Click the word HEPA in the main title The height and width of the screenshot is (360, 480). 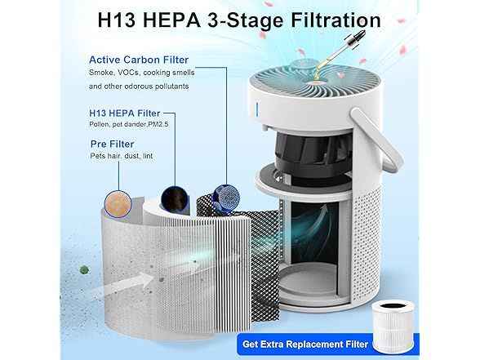point(171,20)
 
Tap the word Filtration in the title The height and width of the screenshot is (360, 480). point(336,20)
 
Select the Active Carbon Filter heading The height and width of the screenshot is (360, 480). point(139,60)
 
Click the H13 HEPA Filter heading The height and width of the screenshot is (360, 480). point(125,113)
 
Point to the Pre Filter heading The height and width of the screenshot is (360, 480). point(113,144)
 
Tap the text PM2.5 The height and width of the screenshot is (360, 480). point(158,124)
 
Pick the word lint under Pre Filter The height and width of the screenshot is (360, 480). point(148,156)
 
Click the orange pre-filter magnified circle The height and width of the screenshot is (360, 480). point(118,204)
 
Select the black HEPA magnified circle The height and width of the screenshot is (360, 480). point(175,199)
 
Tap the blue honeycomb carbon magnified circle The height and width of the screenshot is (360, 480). point(226,198)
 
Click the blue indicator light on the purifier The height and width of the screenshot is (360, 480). point(257,109)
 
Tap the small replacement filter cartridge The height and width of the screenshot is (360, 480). point(393,326)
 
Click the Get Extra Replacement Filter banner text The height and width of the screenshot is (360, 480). point(305,344)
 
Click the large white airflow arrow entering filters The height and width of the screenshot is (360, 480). point(126,285)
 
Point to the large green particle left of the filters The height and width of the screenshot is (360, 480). point(84,270)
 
